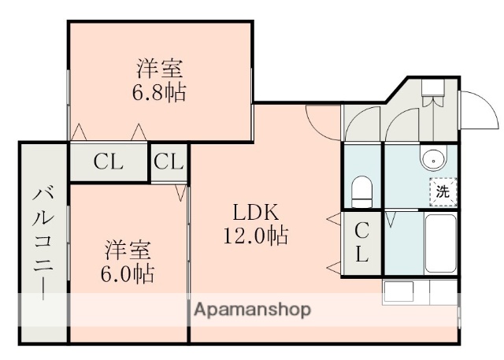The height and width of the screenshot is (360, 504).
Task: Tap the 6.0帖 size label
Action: (128, 275)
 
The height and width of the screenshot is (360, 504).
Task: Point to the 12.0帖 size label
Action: (254, 235)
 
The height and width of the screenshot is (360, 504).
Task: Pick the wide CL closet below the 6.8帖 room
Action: (109, 162)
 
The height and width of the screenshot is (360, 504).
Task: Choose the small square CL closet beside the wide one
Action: (169, 162)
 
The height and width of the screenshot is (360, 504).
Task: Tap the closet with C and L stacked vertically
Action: (361, 243)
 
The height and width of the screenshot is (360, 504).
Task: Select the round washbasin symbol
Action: (433, 159)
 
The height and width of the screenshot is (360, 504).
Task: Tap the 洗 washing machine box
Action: (443, 191)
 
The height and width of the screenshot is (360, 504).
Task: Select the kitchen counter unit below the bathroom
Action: (419, 292)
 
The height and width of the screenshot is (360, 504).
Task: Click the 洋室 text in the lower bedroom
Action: (128, 251)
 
